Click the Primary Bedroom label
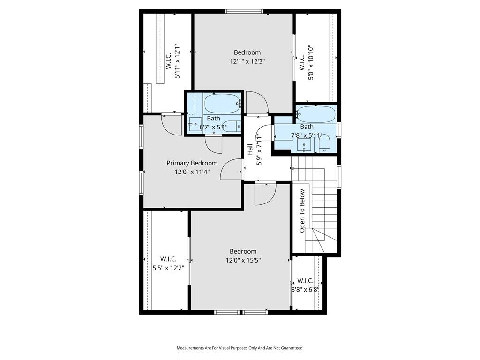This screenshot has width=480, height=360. coord(192,163)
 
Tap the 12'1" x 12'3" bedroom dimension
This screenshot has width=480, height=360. coord(247,61)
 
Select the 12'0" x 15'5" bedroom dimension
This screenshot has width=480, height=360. coord(243,260)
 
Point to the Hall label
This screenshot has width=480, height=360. coord(250,149)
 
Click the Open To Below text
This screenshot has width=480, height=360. coord(302,210)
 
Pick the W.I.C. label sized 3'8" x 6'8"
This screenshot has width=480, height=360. coord(305,280)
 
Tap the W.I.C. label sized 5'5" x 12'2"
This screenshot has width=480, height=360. coord(168,259)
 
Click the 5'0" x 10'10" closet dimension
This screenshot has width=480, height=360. coord(311,62)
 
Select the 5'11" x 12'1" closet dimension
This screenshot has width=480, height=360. coord(177,61)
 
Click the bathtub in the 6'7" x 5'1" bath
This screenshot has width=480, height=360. coord(222,104)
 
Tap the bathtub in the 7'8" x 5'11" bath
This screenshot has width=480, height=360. coord(315,114)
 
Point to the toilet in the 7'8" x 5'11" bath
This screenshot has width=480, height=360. coord(324,144)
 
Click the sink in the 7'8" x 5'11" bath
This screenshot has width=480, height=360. coord(304,145)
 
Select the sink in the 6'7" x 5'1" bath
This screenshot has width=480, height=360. coord(195,124)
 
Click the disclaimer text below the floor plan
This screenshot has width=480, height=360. coord(240,348)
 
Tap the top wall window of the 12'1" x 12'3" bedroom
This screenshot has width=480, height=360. coord(244,12)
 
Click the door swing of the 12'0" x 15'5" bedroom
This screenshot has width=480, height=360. coord(265,195)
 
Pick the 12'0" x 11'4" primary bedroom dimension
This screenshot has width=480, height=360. coord(192,172)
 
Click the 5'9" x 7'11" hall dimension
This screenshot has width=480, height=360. coord(259,149)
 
